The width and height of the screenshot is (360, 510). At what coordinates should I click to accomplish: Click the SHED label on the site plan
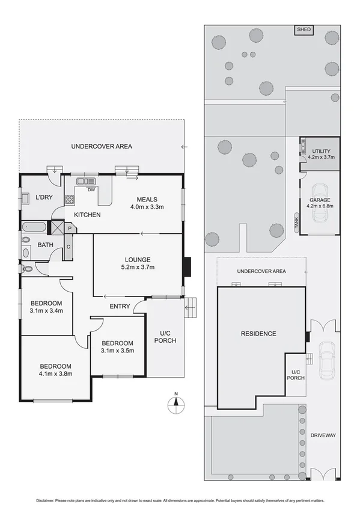[x=303, y=29]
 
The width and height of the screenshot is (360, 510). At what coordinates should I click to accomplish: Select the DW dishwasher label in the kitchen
[x=91, y=190]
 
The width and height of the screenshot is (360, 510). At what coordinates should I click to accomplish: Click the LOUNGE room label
[x=138, y=260]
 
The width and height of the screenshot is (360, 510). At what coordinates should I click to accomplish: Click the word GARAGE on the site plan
[x=319, y=200]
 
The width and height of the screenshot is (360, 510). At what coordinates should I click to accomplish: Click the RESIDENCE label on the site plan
[x=258, y=334]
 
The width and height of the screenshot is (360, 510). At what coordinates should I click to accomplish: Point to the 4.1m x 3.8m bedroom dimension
[x=56, y=373]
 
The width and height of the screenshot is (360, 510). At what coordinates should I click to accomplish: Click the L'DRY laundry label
[x=44, y=197]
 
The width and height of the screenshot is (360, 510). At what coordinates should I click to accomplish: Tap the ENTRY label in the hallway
[x=120, y=306]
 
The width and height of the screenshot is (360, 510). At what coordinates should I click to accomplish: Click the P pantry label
[x=70, y=229]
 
